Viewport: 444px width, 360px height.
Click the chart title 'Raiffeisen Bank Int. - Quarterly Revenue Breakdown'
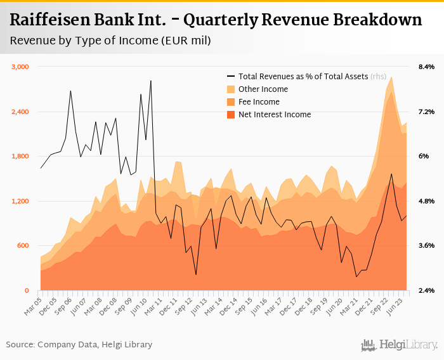216,20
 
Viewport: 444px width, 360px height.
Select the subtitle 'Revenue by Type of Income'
110,41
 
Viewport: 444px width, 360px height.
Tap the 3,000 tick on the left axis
21,67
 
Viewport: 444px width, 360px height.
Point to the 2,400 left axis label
21,112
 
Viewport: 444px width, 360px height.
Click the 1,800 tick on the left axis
21,157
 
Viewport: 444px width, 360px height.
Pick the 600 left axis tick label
24,246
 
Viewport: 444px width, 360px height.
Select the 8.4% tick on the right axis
426,67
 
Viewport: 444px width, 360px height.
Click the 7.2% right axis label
426,112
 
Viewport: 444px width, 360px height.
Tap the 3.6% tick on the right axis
426,246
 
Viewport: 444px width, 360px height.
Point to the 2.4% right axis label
426,291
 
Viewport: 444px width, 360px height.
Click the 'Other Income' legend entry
263,89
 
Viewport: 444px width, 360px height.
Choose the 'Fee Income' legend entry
259,102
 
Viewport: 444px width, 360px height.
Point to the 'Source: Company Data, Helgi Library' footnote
79,345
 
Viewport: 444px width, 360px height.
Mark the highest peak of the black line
150,80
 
